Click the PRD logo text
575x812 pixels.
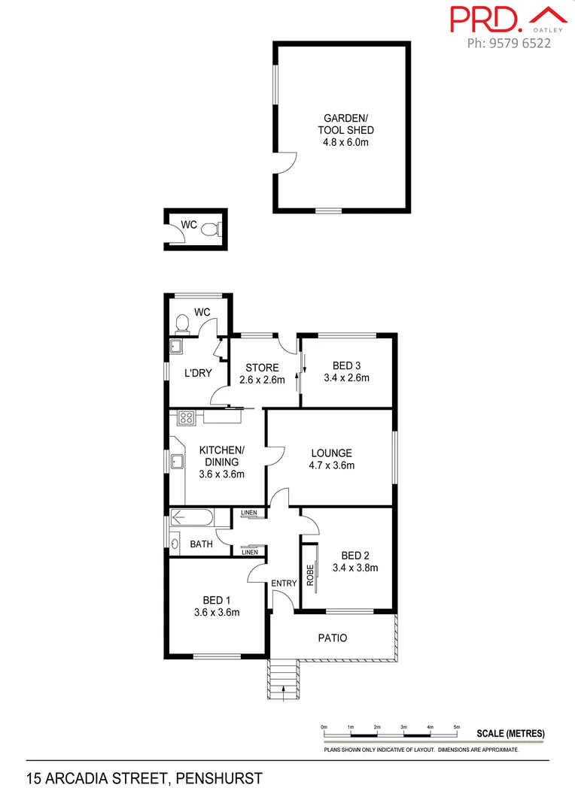tap(486, 19)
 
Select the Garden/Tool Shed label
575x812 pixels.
tap(345, 129)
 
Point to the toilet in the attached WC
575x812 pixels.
tap(181, 324)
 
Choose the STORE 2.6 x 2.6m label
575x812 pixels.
tap(263, 374)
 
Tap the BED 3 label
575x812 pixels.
tap(346, 372)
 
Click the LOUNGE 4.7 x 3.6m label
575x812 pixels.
tap(332, 459)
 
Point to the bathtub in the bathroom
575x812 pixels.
tap(191, 517)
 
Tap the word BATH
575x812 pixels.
tap(201, 544)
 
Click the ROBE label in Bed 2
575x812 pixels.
tap(309, 575)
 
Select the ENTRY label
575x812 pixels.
tap(284, 583)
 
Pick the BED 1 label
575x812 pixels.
tap(216, 605)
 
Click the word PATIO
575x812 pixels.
tap(333, 638)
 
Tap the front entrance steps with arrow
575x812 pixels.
tap(284, 680)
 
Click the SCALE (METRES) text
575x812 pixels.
tap(510, 734)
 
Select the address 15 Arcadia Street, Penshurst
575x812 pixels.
tap(144, 779)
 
